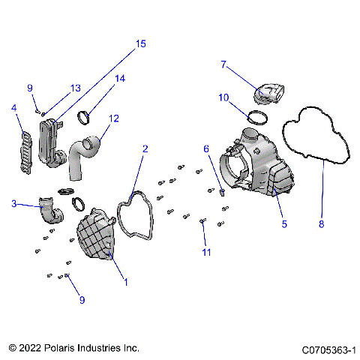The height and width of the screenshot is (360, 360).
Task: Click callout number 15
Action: click(140, 44)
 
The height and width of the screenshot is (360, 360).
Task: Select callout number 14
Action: click(119, 79)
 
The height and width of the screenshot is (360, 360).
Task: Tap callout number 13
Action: click(75, 88)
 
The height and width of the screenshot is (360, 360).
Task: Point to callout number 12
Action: click(113, 118)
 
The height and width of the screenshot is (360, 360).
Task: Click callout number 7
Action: click(223, 64)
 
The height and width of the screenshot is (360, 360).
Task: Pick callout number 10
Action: click(223, 97)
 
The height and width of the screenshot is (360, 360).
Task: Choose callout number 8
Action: click(322, 223)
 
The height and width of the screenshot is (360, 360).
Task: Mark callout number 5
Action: click(283, 223)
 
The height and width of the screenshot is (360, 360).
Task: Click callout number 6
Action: click(207, 149)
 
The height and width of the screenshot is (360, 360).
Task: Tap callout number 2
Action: click(145, 149)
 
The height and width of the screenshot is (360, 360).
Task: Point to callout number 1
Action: click(125, 282)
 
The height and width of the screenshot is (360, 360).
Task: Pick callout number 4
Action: click(13, 108)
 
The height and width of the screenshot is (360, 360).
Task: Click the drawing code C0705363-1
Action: click(328, 349)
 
